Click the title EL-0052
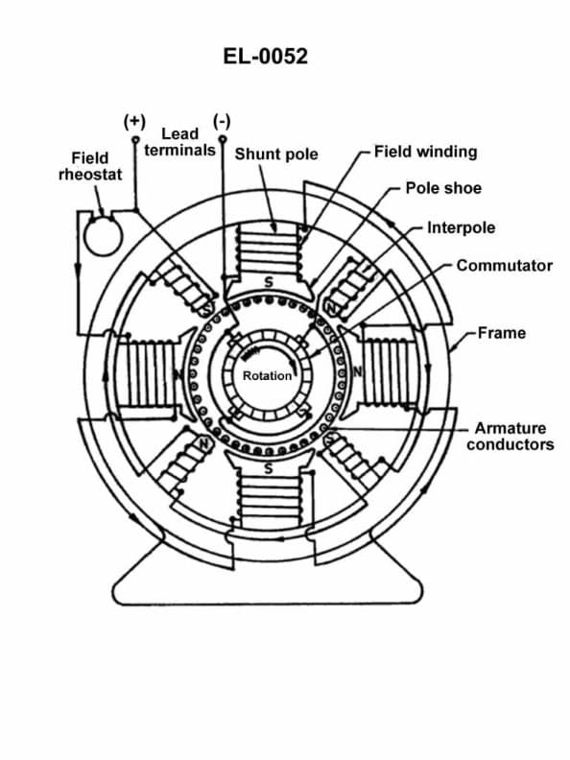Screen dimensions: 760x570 [x=265, y=57]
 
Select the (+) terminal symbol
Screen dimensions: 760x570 [x=135, y=122]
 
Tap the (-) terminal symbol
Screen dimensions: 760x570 [x=223, y=122]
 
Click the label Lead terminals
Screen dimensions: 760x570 [x=179, y=143]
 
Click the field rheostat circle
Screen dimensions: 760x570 [x=97, y=233]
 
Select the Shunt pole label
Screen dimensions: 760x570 [x=276, y=154]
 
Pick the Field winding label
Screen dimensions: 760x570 [x=425, y=152]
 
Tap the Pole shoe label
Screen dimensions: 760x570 [x=443, y=188]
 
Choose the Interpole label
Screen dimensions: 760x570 [x=462, y=228]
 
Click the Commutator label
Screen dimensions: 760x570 [x=504, y=265]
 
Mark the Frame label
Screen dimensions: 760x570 [x=501, y=333]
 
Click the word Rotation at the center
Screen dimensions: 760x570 [x=267, y=375]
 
